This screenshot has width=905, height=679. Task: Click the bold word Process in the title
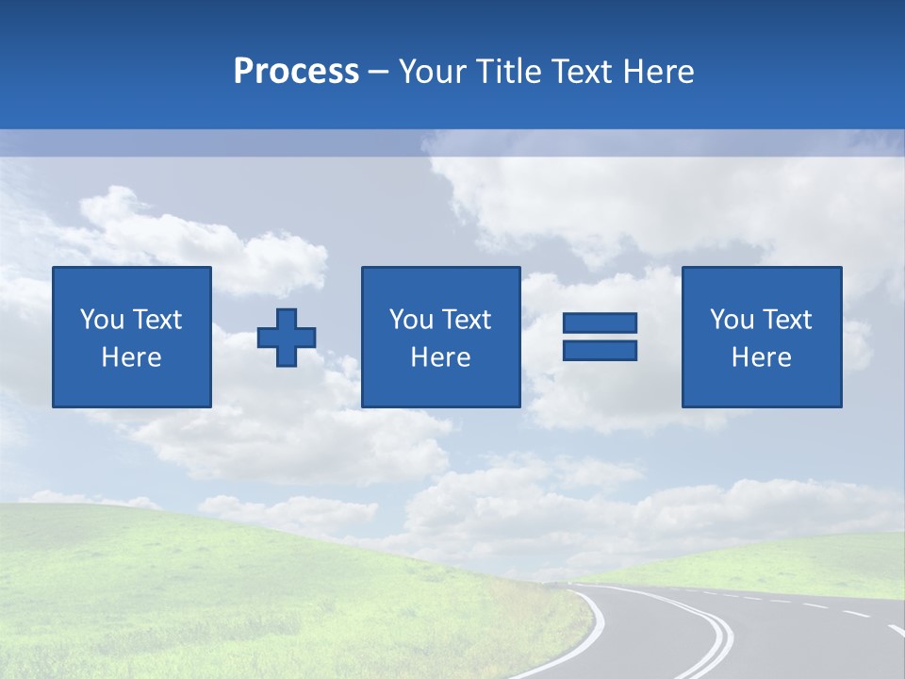pyautogui.click(x=296, y=72)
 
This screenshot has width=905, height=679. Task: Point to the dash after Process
pyautogui.click(x=379, y=73)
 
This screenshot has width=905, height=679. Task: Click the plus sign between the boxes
pyautogui.click(x=287, y=338)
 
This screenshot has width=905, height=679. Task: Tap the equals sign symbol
pyautogui.click(x=600, y=337)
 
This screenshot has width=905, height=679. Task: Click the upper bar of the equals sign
pyautogui.click(x=600, y=323)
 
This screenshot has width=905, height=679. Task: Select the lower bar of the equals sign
pyautogui.click(x=600, y=350)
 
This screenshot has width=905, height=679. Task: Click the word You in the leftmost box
pyautogui.click(x=99, y=320)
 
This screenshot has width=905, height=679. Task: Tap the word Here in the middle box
pyautogui.click(x=440, y=357)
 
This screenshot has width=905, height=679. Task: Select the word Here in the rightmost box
pyautogui.click(x=762, y=357)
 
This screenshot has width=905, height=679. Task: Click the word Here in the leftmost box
pyautogui.click(x=132, y=357)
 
